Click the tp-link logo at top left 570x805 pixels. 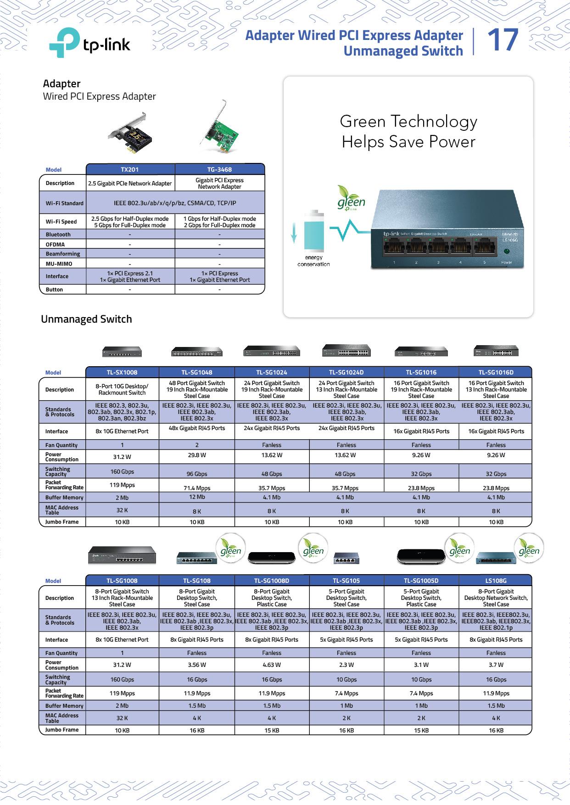pos(89,44)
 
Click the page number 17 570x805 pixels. pos(503,40)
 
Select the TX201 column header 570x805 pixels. pos(130,169)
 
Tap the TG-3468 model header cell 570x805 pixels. pos(219,169)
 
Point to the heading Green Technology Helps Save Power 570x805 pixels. pos(408,132)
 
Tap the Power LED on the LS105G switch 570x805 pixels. pos(506,252)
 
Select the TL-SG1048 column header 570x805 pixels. pos(196,372)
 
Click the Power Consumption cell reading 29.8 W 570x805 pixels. pos(196,455)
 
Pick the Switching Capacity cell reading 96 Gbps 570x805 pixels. pos(196,474)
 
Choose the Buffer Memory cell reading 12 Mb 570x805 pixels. pos(196,497)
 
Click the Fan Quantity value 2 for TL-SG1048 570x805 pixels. pos(196,445)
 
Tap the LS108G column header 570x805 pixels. pos(496,581)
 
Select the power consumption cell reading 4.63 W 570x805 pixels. pos(272,665)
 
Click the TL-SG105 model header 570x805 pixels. pos(346,581)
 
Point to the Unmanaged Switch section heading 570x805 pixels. pos(86,319)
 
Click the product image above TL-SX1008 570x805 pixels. pos(122,352)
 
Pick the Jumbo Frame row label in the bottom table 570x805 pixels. pos(62,730)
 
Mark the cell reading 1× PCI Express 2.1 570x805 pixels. pos(130,274)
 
